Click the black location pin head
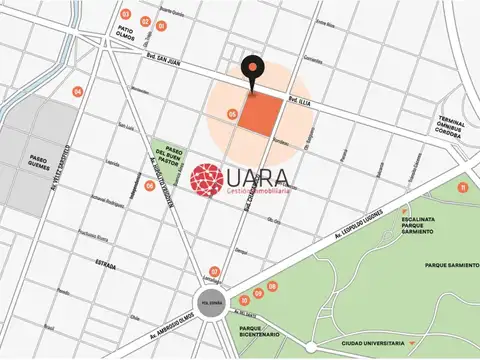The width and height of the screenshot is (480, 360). pos(251,68)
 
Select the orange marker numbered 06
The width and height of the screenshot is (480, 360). pos(149,186)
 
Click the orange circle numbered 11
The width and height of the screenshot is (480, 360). pos(461,187)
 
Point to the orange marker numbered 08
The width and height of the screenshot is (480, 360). pos(259,292)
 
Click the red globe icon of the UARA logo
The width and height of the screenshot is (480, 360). pos(209,181)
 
